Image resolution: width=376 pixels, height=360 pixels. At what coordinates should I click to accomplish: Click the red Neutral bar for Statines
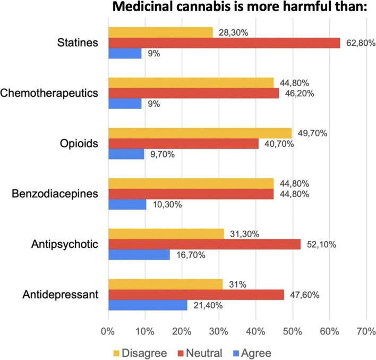click(x=224, y=43)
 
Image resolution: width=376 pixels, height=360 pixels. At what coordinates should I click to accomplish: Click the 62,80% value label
click(x=358, y=43)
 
